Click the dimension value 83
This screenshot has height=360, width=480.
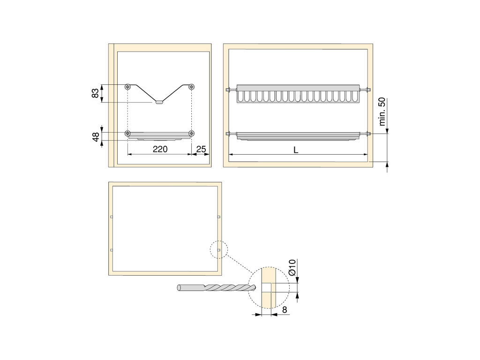pyautogui.click(x=96, y=93)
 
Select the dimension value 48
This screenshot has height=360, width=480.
pyautogui.click(x=96, y=136)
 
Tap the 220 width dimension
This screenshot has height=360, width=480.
pyautogui.click(x=160, y=149)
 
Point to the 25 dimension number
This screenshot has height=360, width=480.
pyautogui.click(x=201, y=149)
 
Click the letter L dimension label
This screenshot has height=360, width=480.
pyautogui.click(x=296, y=150)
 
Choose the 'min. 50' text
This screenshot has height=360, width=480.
pyautogui.click(x=382, y=112)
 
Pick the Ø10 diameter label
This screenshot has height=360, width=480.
pyautogui.click(x=292, y=267)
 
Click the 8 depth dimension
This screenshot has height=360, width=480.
pyautogui.click(x=285, y=310)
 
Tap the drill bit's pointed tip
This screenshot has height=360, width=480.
pyautogui.click(x=255, y=287)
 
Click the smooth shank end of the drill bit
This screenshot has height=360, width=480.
pyautogui.click(x=179, y=288)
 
